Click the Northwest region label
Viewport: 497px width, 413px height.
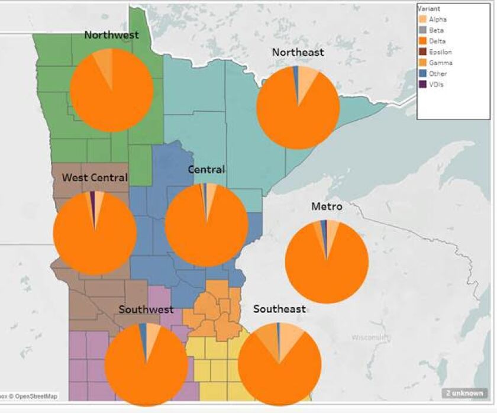click(111, 35)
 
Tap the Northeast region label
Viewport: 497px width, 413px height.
click(298, 52)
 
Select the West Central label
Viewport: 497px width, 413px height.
click(95, 177)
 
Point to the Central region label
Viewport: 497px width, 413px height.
click(206, 170)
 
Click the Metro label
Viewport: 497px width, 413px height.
click(327, 206)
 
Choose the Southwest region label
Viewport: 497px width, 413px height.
click(146, 309)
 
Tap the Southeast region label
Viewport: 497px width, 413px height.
click(279, 309)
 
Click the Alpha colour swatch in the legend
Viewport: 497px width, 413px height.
click(422, 20)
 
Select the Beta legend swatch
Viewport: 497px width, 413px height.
click(422, 30)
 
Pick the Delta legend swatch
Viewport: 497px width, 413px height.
click(422, 41)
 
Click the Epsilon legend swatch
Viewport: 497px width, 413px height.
click(422, 52)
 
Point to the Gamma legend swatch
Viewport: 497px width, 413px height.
click(422, 63)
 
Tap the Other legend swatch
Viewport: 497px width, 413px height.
click(422, 73)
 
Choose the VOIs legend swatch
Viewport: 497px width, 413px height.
click(422, 84)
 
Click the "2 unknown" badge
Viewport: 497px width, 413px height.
click(464, 393)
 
